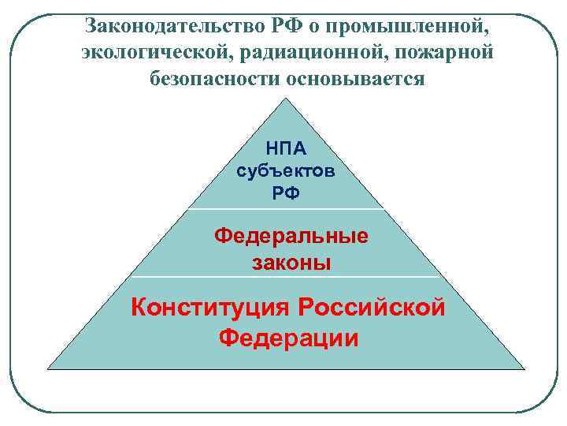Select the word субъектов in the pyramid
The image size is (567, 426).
(286, 171)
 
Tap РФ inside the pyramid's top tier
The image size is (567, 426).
(286, 192)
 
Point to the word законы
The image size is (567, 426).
(291, 262)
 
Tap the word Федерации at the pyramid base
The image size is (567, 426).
(288, 338)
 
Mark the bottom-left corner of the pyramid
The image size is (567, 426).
(49, 368)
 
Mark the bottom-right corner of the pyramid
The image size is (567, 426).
(524, 368)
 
